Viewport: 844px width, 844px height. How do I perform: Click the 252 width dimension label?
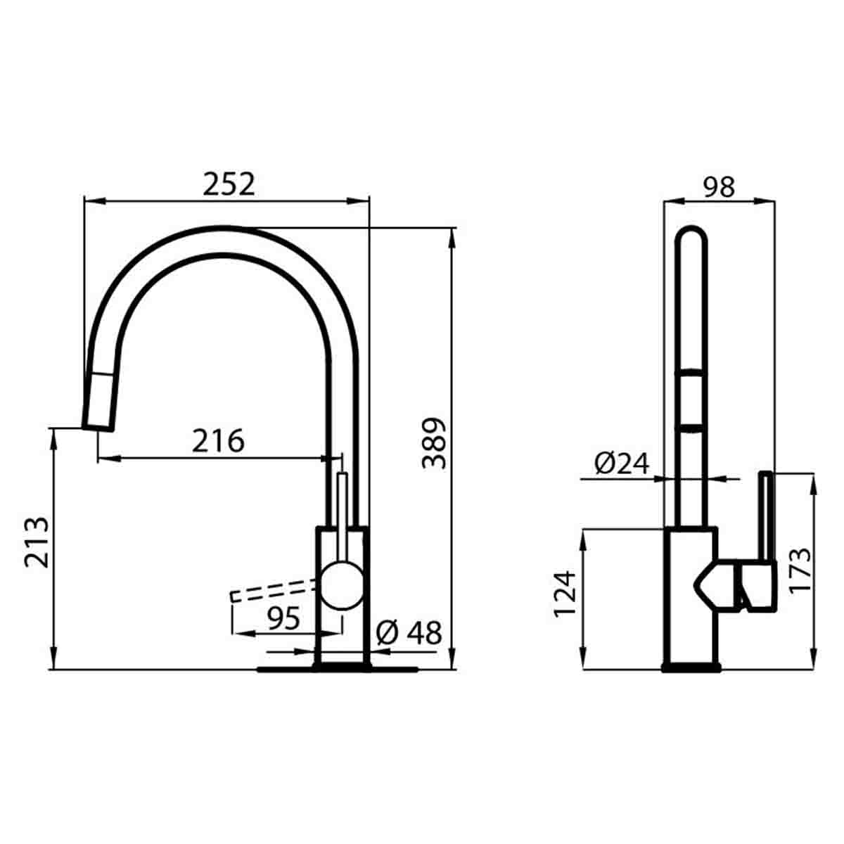(229, 184)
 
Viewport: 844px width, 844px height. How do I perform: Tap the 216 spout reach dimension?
(218, 441)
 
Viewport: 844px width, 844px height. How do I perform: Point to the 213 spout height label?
(37, 542)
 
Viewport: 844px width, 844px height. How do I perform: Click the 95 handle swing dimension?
(284, 618)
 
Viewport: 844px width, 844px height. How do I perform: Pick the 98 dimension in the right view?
(719, 186)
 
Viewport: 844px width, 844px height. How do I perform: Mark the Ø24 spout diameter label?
(621, 463)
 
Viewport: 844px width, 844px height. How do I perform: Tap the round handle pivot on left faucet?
(342, 585)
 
